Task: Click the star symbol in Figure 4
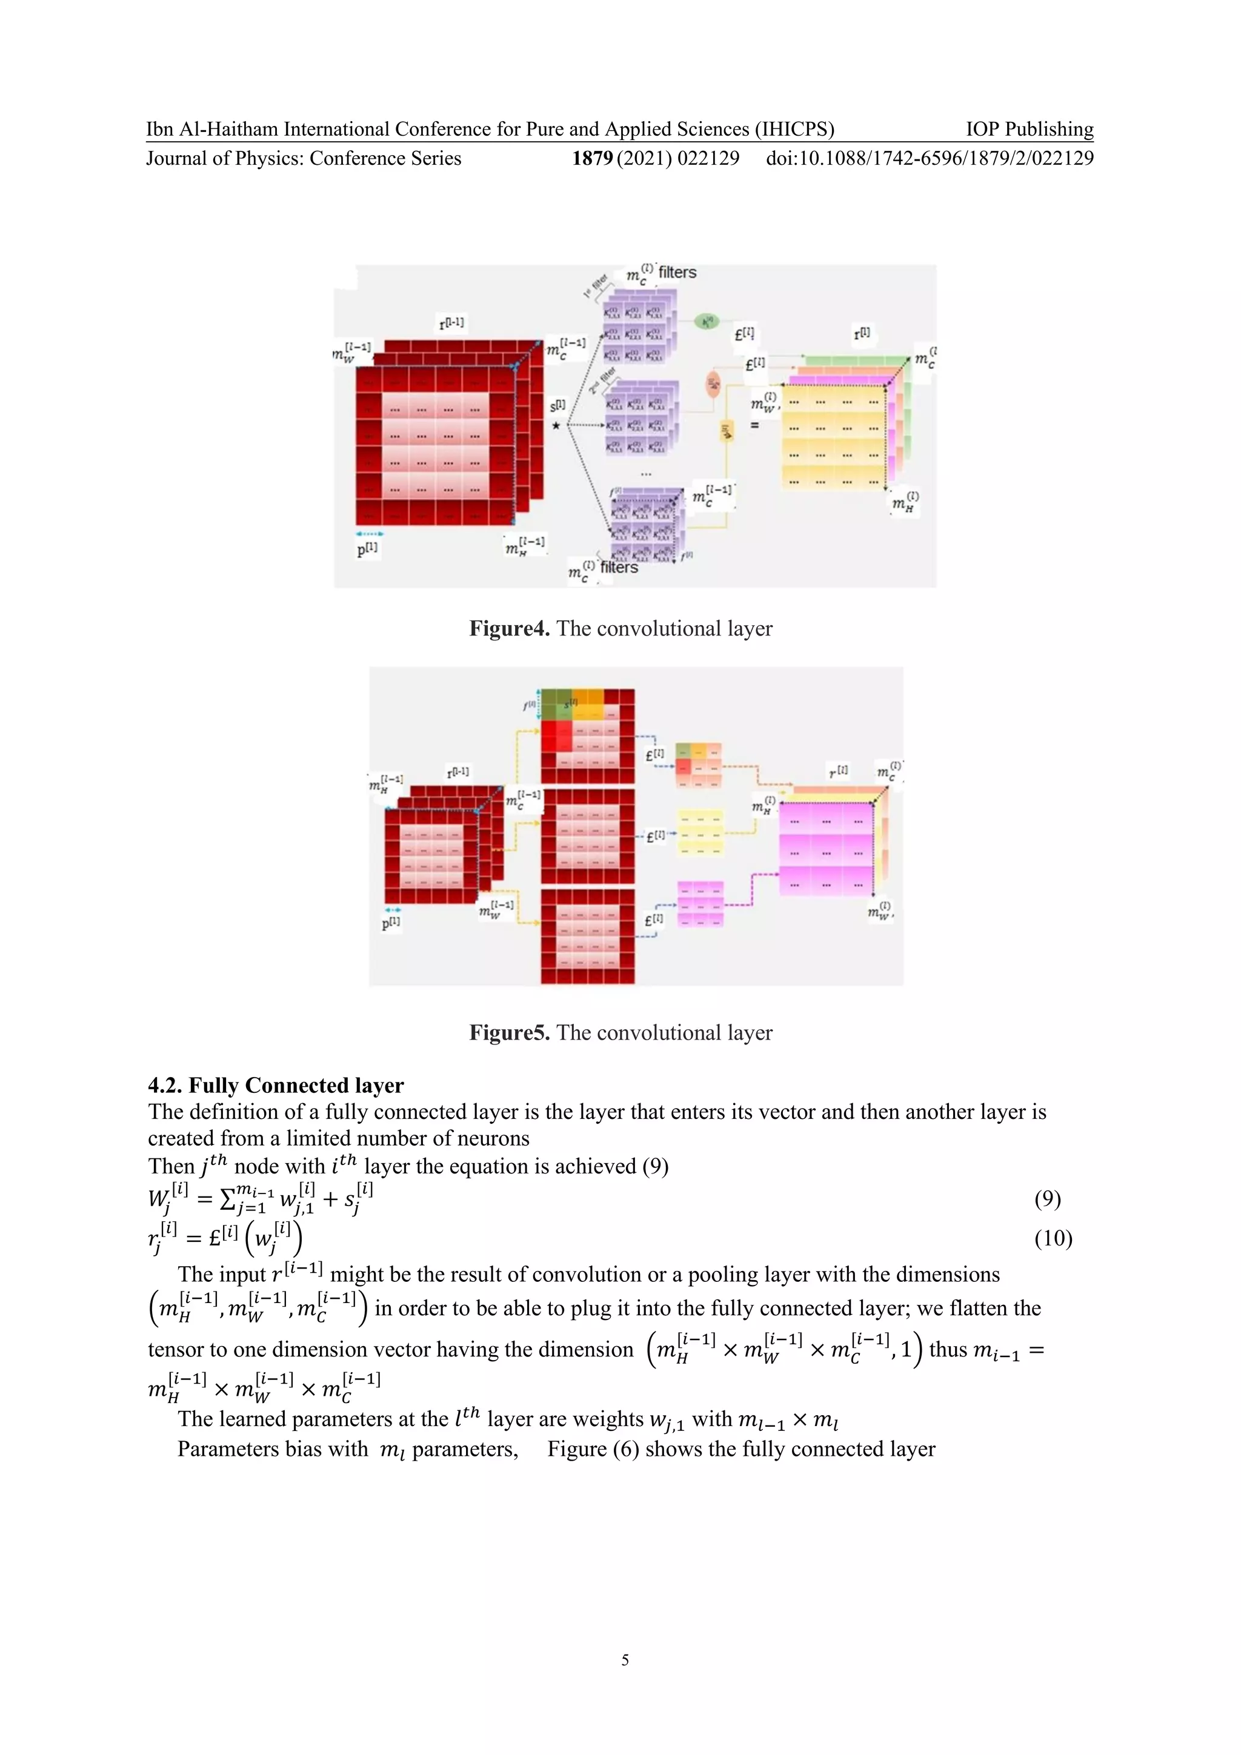click(556, 426)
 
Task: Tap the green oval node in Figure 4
click(708, 322)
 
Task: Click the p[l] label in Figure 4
click(367, 548)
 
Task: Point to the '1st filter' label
click(595, 285)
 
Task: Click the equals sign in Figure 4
click(754, 425)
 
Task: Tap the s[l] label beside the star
click(558, 405)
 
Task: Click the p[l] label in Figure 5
click(391, 922)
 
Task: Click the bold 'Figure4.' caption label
click(509, 629)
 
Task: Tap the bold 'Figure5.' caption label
click(509, 1033)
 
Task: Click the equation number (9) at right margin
click(1046, 1198)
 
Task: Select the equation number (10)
click(1053, 1238)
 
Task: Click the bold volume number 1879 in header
click(592, 158)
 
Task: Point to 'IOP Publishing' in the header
click(1029, 129)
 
